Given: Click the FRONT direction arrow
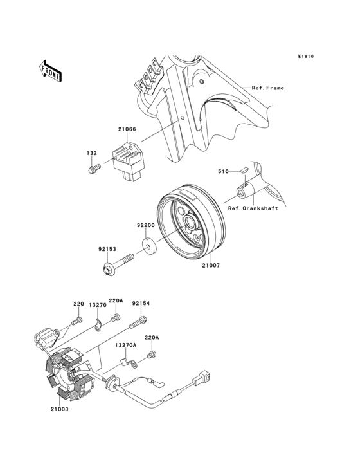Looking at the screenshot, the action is (x=50, y=71).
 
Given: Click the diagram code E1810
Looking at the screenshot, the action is (x=306, y=56).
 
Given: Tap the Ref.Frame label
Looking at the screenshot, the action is (x=267, y=88).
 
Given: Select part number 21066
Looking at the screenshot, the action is (x=127, y=129).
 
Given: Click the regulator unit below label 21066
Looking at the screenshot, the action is (x=128, y=162).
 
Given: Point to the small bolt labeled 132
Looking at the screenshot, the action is (x=94, y=169).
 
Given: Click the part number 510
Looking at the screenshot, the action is (x=223, y=171).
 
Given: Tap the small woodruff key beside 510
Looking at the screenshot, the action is (x=243, y=170).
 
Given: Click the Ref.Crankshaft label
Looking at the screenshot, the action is (x=253, y=208).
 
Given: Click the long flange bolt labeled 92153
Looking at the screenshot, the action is (x=118, y=263).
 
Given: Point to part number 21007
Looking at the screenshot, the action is (x=211, y=266).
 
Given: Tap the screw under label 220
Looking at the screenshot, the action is (x=76, y=321).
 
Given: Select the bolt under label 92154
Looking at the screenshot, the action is (x=138, y=322).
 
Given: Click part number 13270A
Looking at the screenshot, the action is (x=126, y=345).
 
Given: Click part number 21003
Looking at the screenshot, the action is (x=59, y=409).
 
